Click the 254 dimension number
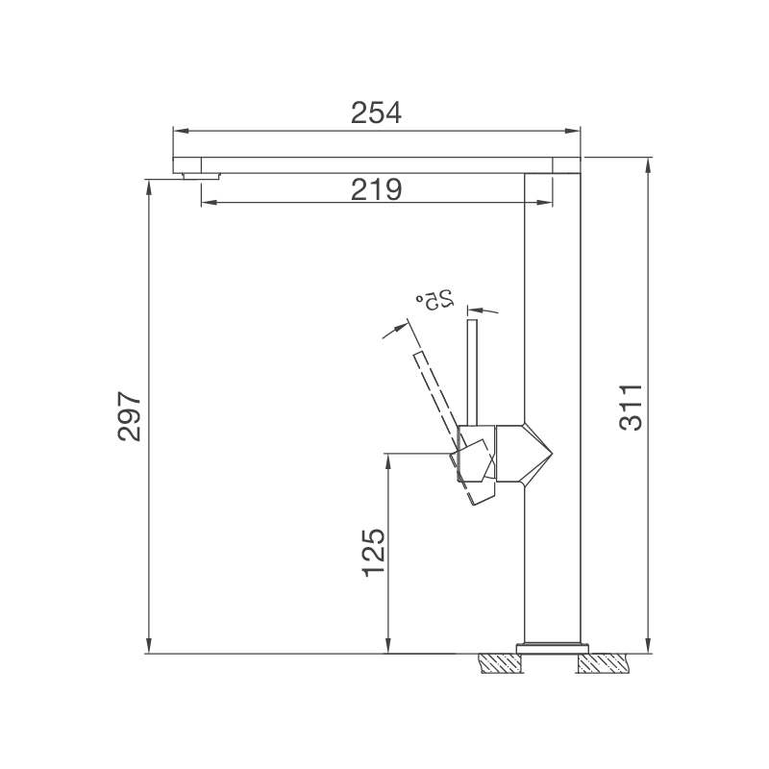[376, 112]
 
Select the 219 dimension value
[376, 189]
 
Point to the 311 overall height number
[630, 408]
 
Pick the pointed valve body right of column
[539, 454]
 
